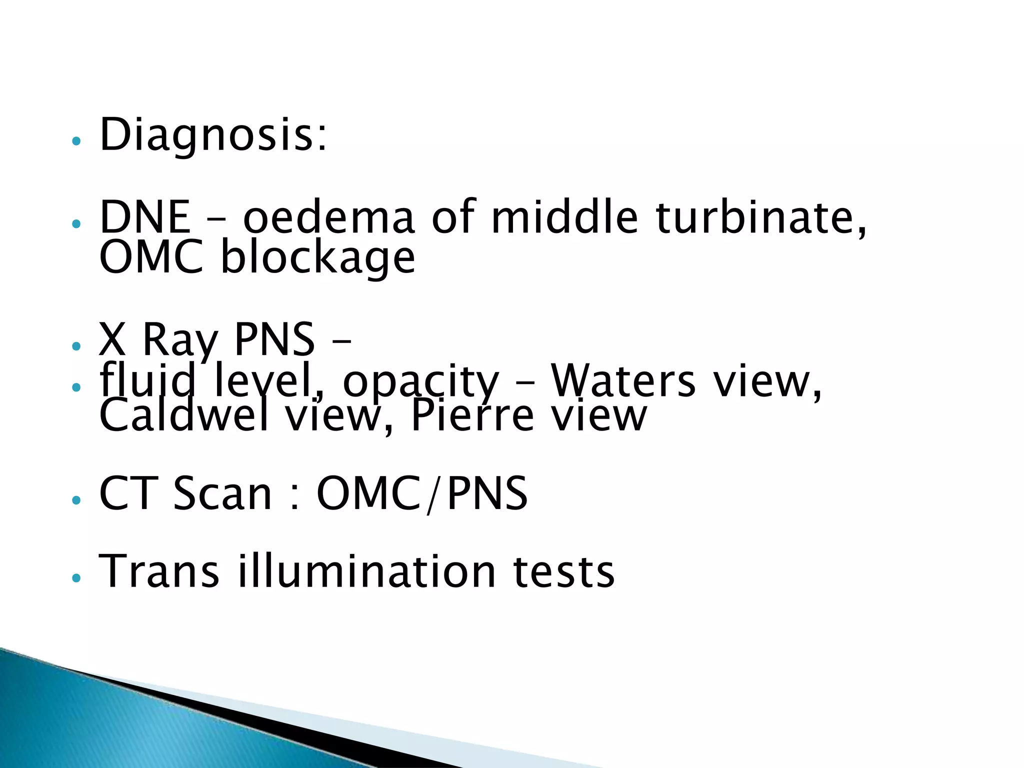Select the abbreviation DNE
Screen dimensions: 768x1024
(144, 217)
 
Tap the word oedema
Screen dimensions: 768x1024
(328, 217)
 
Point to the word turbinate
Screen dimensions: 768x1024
(760, 217)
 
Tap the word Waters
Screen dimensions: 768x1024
(623, 381)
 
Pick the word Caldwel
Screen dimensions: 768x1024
(184, 416)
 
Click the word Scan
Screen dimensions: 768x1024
(222, 493)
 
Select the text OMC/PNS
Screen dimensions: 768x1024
(422, 493)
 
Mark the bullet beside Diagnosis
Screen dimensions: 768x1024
(76, 141)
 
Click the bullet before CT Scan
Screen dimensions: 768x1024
(76, 500)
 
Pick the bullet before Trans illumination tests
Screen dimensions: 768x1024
(76, 578)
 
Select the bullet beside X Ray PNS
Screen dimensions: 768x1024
(76, 346)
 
